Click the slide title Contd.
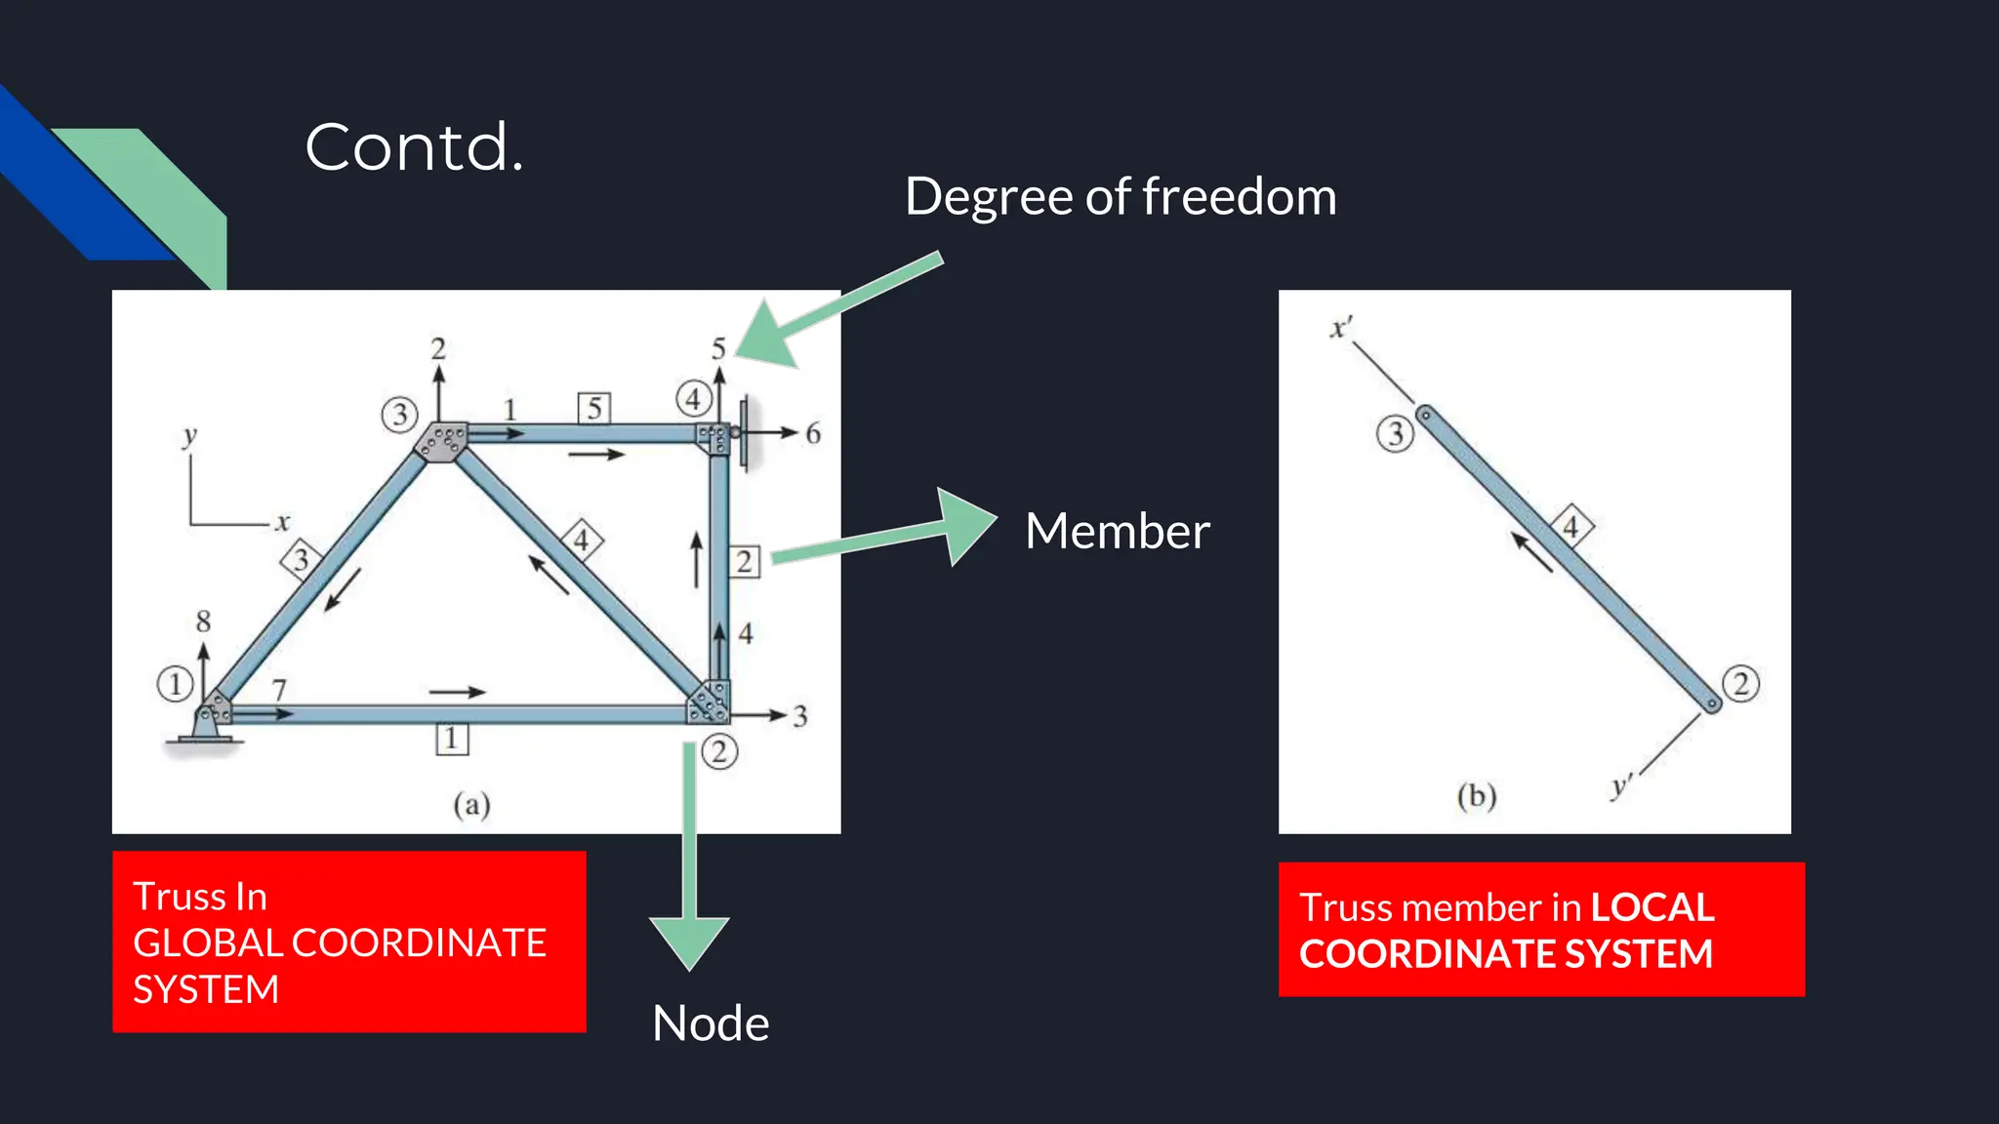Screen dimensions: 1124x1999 point(414,148)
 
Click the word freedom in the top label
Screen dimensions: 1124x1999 point(1240,197)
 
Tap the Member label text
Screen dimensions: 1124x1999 point(1117,532)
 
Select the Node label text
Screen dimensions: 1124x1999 point(711,1024)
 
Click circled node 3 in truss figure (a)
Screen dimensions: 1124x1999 point(399,415)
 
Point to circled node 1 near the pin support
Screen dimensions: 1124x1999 point(175,684)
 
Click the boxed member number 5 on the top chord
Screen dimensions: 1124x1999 point(594,408)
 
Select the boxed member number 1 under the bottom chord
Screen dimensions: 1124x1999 point(451,739)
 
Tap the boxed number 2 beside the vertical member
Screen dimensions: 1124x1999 point(744,562)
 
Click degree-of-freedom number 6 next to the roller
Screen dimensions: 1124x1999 point(813,434)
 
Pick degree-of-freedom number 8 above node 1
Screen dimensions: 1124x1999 point(203,622)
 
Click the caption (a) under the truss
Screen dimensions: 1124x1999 point(471,804)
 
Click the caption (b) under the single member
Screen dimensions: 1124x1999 point(1476,796)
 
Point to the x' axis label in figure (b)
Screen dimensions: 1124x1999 point(1341,328)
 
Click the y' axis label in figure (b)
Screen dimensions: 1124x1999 point(1621,785)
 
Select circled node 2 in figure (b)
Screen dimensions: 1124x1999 point(1740,684)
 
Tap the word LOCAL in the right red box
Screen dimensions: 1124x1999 point(1652,907)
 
